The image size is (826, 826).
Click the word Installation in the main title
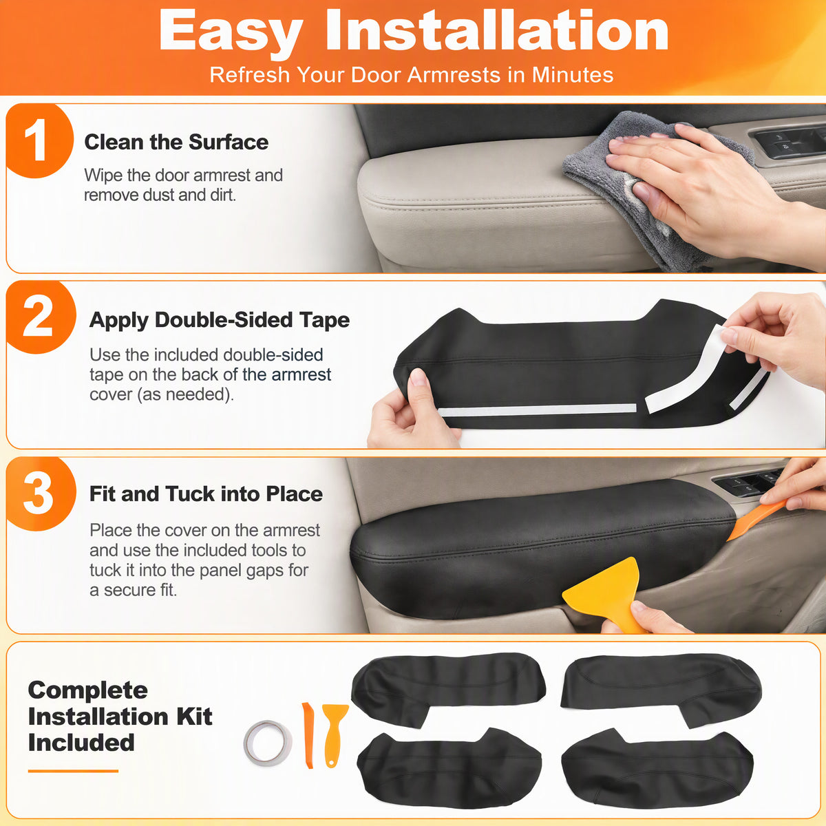(x=497, y=31)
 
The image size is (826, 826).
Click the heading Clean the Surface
(x=176, y=142)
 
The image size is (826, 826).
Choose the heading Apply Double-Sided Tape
(x=220, y=320)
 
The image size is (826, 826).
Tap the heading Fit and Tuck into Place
(x=206, y=494)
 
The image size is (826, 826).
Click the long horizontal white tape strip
(x=537, y=410)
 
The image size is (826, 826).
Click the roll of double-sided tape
(x=268, y=743)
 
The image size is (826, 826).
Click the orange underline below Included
(x=73, y=771)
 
